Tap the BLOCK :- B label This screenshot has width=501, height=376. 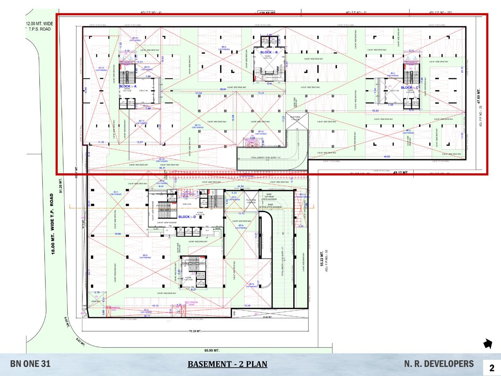pos(269,52)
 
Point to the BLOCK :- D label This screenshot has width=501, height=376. pos(190,217)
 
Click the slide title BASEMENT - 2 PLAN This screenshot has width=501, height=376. pos(227,364)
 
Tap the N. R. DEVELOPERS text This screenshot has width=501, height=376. pos(439,364)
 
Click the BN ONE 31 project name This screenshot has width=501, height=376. pos(30,364)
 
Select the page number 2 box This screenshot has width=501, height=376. pos(491,367)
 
